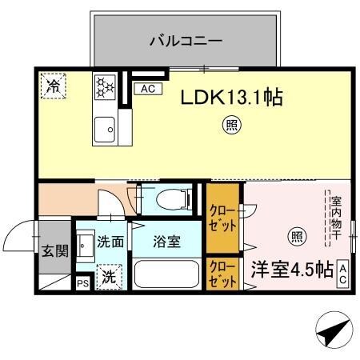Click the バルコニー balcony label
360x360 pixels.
pyautogui.click(x=185, y=39)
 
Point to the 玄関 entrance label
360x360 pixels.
pyautogui.click(x=55, y=250)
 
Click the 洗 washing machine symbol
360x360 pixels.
pyautogui.click(x=108, y=277)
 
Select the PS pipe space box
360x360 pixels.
pyautogui.click(x=82, y=283)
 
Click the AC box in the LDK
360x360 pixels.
pyautogui.click(x=147, y=89)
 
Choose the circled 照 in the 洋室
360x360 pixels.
pyautogui.click(x=296, y=236)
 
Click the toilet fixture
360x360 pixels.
pyautogui.click(x=172, y=198)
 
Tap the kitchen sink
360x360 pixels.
pyautogui.click(x=104, y=128)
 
